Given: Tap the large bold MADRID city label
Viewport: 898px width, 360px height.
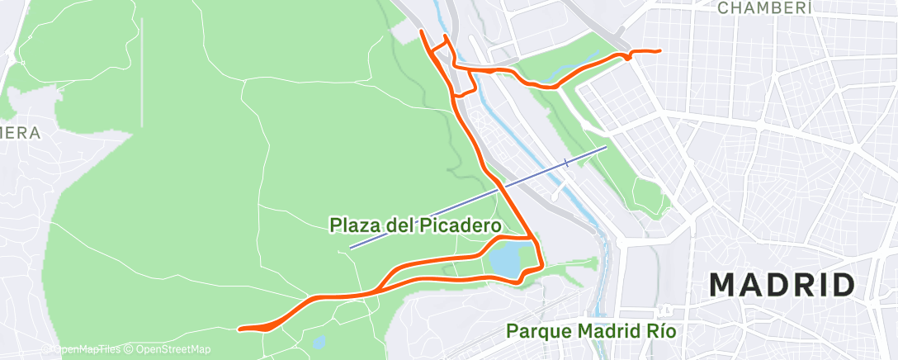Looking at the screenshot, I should [782, 286].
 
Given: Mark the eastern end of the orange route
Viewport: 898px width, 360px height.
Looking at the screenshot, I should [660, 51].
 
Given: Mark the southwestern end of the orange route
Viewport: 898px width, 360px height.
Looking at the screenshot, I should [240, 329].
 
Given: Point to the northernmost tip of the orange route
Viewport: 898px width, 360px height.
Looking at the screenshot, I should [423, 31].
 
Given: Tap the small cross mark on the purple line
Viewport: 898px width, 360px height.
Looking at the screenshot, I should [566, 163].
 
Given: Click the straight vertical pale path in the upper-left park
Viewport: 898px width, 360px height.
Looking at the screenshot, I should [142, 74].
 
